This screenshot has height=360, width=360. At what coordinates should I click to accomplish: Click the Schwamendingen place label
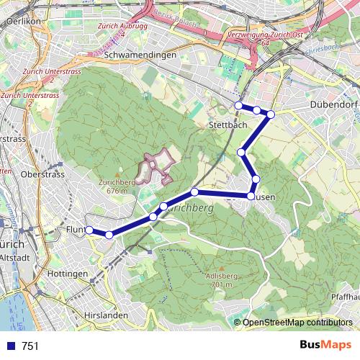tap(140, 55)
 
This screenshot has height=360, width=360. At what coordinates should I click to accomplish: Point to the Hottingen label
tap(67, 274)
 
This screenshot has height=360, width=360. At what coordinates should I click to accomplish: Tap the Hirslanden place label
tap(105, 315)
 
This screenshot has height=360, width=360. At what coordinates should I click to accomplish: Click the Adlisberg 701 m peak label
tap(221, 280)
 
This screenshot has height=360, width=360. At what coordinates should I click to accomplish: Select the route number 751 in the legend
tap(30, 346)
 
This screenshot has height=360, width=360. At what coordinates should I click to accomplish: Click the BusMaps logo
tap(324, 346)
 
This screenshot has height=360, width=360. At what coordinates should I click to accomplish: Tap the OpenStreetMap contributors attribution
tap(297, 323)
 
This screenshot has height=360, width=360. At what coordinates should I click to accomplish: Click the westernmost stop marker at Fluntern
tap(89, 230)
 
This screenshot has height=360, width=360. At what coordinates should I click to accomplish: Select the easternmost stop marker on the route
tap(271, 114)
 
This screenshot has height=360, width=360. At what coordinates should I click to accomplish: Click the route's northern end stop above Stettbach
tap(238, 106)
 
